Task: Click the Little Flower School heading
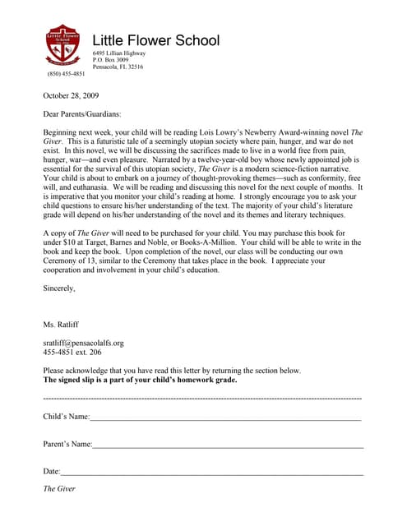pos(155,40)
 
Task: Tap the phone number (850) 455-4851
pos(66,74)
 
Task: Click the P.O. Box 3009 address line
pos(111,60)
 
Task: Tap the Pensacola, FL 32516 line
pos(118,67)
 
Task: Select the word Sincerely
pos(59,288)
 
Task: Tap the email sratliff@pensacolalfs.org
pos(83,343)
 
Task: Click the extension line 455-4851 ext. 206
pos(72,352)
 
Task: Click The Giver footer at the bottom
pos(59,489)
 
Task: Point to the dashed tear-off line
pos(202,398)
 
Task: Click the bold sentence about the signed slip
pos(140,381)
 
